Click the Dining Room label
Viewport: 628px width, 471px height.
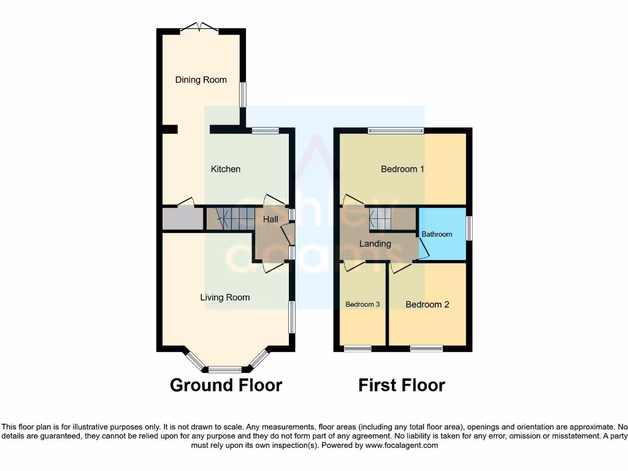[201, 80]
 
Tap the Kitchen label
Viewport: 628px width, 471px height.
[226, 169]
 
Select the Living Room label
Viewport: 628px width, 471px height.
[225, 297]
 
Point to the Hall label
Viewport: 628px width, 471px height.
[270, 219]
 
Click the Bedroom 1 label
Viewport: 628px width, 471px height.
[402, 169]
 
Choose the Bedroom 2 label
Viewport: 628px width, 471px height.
[427, 304]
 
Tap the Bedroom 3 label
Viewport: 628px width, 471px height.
[362, 304]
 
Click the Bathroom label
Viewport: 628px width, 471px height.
[437, 234]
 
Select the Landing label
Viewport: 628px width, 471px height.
[375, 243]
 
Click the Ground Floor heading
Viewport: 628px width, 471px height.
[226, 385]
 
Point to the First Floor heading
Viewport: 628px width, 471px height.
[402, 385]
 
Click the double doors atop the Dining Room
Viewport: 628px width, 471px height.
[200, 28]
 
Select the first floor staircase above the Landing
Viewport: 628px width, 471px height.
[381, 218]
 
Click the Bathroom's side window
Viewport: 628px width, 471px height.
[469, 228]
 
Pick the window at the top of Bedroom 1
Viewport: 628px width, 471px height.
[396, 130]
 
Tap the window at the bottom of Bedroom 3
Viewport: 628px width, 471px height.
[358, 349]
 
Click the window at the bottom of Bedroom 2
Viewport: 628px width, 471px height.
[426, 349]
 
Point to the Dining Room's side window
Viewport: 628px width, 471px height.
[242, 94]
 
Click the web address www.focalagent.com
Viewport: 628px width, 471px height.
[402, 446]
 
